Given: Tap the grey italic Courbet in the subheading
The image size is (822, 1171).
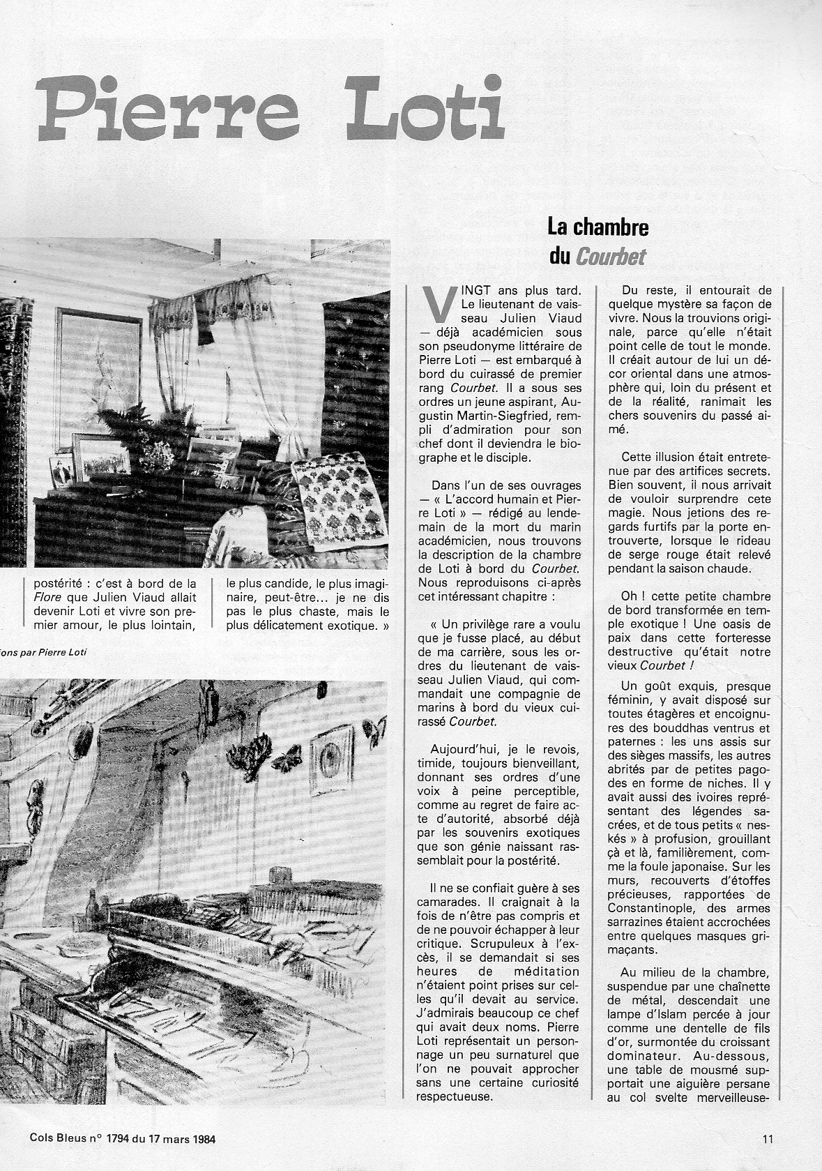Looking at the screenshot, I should (611, 257).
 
